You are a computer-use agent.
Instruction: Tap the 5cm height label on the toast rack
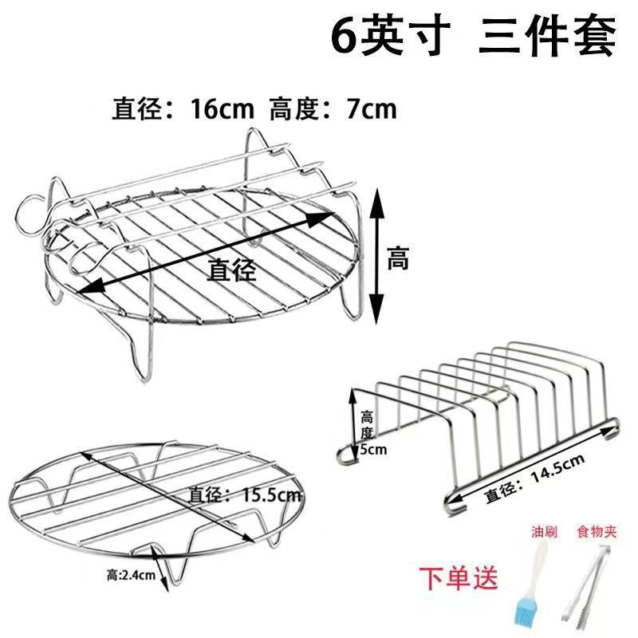point(372,449)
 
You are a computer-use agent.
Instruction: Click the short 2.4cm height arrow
point(164,577)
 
